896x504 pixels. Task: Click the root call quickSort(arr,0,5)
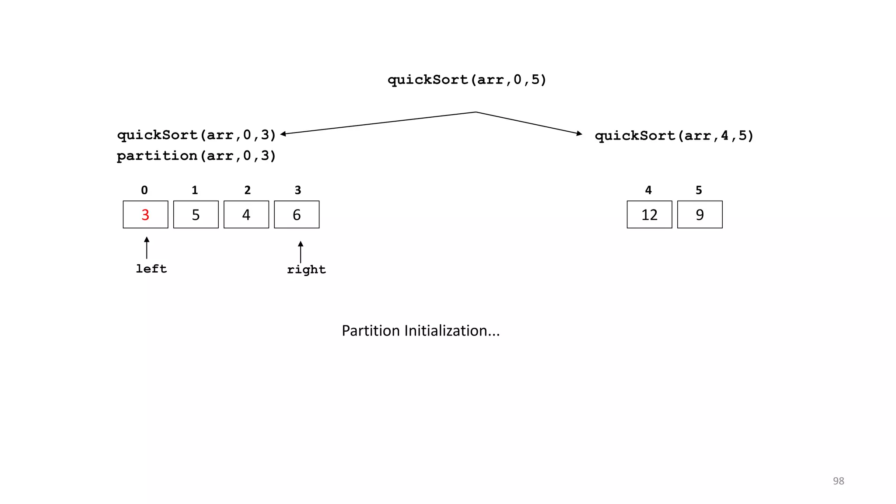tap(467, 80)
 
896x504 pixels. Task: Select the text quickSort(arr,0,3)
tap(196, 135)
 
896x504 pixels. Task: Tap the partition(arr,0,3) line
tap(196, 156)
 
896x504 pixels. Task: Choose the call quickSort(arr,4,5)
tap(674, 136)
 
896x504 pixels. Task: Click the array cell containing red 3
tap(146, 215)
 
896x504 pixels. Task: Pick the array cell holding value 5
tap(196, 215)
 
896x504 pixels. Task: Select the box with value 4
tap(246, 215)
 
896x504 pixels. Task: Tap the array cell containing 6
tap(297, 215)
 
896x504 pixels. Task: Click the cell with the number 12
tap(649, 215)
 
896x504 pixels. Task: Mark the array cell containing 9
tap(700, 215)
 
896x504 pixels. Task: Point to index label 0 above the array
tap(144, 190)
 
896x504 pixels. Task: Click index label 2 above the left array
tap(248, 190)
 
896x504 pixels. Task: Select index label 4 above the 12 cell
tap(648, 190)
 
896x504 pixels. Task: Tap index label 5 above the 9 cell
tap(699, 190)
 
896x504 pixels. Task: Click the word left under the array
tap(151, 269)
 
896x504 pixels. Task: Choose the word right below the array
tap(306, 269)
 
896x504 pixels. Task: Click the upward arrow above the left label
tap(147, 248)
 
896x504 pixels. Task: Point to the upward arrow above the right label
tap(301, 252)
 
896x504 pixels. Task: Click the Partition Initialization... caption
tap(420, 331)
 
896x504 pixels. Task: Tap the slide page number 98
tap(838, 481)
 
